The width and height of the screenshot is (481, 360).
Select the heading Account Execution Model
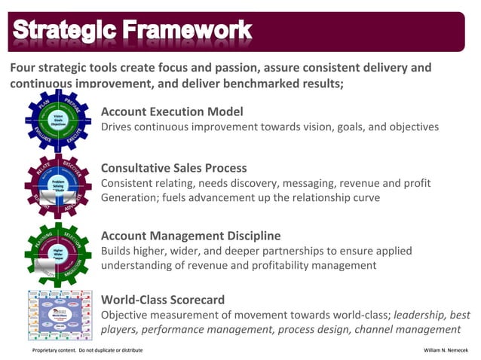click(x=172, y=111)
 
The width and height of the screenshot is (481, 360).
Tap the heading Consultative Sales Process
click(x=174, y=168)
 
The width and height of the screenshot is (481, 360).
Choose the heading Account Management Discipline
click(x=191, y=236)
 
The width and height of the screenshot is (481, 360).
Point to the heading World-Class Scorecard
click(x=162, y=299)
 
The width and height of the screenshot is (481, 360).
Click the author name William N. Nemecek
click(x=447, y=350)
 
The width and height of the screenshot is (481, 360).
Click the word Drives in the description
click(x=118, y=127)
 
